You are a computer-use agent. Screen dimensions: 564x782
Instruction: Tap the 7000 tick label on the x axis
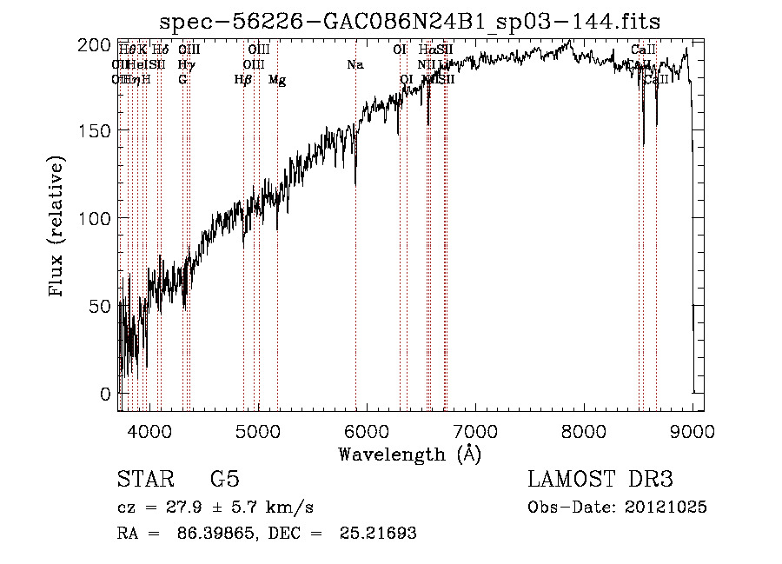click(x=474, y=429)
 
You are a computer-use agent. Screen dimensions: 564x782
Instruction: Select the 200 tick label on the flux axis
click(x=99, y=45)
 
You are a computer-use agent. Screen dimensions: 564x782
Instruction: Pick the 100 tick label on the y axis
click(x=99, y=217)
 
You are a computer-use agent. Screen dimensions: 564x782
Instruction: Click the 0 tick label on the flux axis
click(x=105, y=393)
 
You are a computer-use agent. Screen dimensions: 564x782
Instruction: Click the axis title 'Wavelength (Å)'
click(x=409, y=454)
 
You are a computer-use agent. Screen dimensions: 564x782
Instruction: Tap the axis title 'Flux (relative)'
click(x=58, y=228)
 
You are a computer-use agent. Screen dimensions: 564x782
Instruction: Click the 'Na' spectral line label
click(x=355, y=65)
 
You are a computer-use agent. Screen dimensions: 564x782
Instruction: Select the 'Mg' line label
click(x=277, y=80)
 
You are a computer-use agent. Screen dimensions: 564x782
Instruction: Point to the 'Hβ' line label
click(x=243, y=80)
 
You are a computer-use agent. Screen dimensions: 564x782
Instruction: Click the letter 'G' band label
click(x=182, y=80)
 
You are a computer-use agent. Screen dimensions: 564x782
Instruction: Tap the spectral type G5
click(x=225, y=480)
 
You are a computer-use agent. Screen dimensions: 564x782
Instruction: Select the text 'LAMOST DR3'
click(x=600, y=480)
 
